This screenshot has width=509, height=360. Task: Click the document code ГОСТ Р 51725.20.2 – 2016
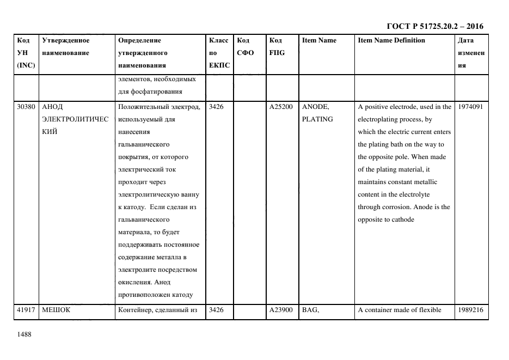[435, 26]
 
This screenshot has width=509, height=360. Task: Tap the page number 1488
[24, 334]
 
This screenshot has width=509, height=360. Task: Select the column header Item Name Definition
[391, 40]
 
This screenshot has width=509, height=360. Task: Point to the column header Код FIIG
[277, 46]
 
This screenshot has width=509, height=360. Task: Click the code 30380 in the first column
[26, 107]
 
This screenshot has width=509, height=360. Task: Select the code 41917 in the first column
[26, 310]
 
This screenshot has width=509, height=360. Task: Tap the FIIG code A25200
[281, 107]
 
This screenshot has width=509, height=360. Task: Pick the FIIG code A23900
[281, 310]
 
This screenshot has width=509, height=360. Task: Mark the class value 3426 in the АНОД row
[216, 107]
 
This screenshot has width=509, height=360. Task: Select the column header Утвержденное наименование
[66, 46]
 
